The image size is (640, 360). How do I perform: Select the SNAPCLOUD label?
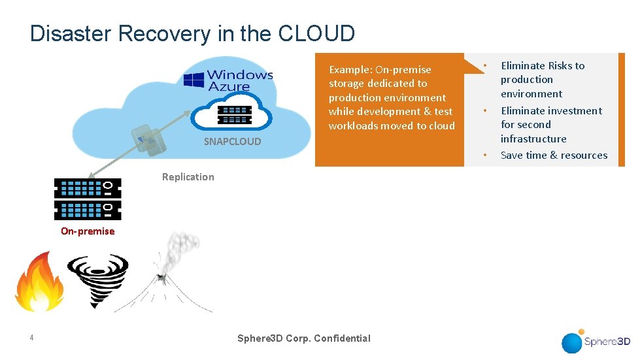232,141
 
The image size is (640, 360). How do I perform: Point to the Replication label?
188,177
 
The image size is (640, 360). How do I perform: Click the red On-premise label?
88,231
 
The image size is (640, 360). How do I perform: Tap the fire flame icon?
39,283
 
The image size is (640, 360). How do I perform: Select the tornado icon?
98,280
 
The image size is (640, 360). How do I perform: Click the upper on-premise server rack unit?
88,189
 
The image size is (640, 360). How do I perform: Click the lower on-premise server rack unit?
88,210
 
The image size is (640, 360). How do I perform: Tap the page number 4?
31,338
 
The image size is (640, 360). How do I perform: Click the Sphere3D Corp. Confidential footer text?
303,338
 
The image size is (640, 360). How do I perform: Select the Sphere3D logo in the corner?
596,341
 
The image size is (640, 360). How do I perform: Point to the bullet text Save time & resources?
554,155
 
